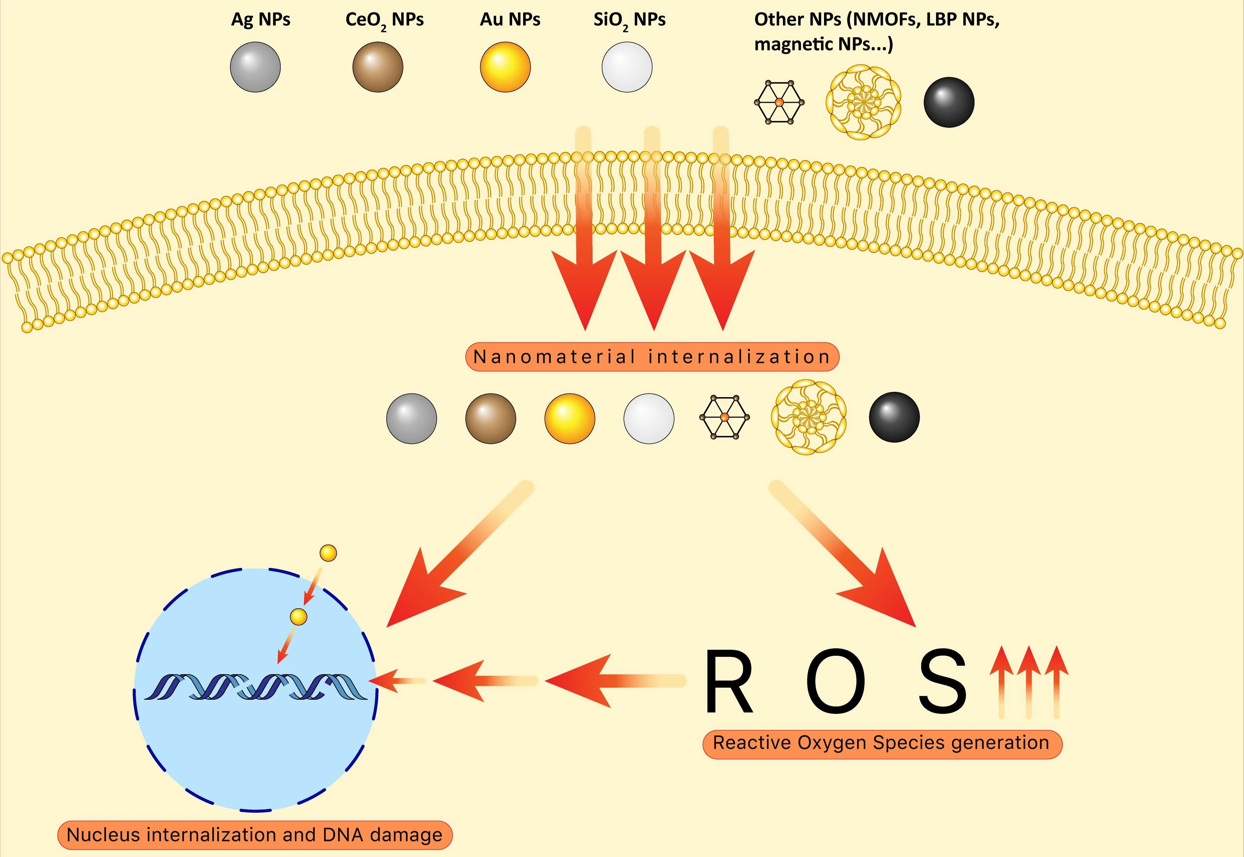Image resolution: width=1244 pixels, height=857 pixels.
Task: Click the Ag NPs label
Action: [260, 19]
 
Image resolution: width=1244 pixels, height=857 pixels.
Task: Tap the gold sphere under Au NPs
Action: [505, 67]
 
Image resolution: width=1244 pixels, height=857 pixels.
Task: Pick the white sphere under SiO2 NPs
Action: [627, 67]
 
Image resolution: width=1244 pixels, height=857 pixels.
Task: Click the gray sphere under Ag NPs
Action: [255, 67]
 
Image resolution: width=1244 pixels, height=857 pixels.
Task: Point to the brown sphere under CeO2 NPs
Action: [377, 67]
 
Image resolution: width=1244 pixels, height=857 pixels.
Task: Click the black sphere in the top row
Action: [948, 102]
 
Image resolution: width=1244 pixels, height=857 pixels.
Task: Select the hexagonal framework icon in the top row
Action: [779, 102]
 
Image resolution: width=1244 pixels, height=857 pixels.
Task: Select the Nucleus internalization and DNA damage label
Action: [254, 835]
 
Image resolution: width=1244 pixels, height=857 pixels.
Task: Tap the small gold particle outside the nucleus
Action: [328, 553]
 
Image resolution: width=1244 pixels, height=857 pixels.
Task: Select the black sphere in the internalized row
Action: [894, 417]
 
